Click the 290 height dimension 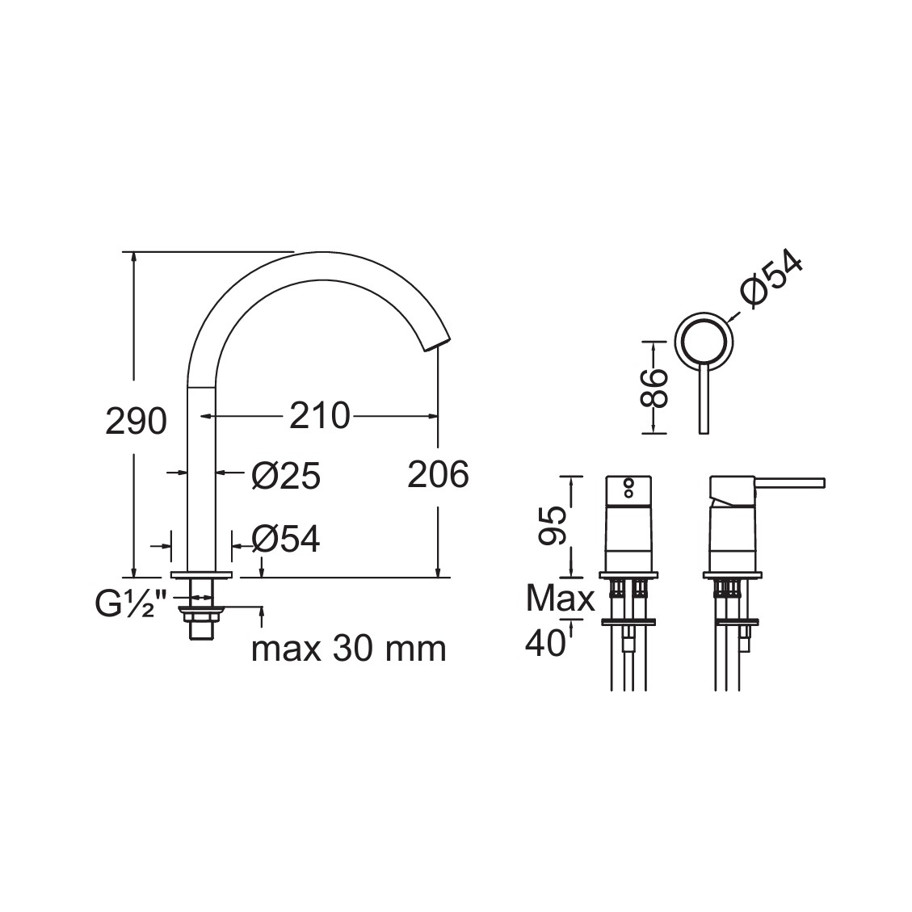(136, 421)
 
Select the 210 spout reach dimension (320, 415)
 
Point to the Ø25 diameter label (286, 476)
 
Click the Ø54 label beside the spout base (286, 539)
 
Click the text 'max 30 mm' (348, 649)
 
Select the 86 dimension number (654, 387)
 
